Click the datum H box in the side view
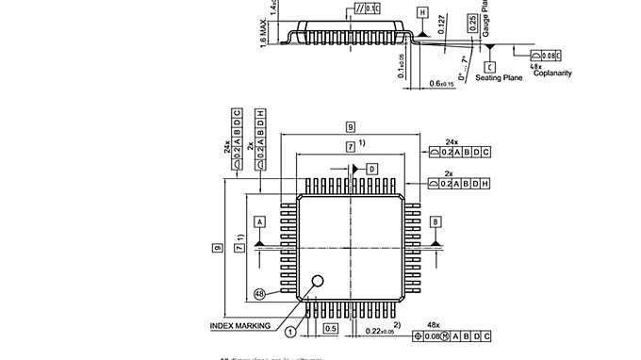pos(423,12)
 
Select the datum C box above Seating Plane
pos(490,67)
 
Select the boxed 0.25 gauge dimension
pos(471,26)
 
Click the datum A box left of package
pos(259,221)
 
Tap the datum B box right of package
pos(436,221)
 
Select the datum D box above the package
pos(370,168)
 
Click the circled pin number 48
pos(259,294)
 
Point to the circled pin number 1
pos(290,331)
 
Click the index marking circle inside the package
pos(319,281)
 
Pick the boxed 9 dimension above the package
pos(350,126)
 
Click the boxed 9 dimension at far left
pos(217,247)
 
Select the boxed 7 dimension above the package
pos(350,147)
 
